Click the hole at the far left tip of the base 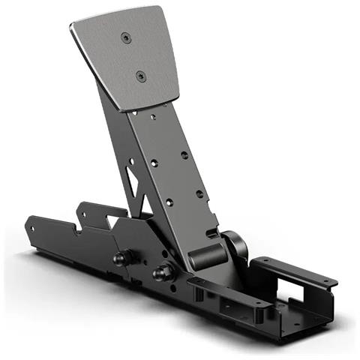(x=33, y=223)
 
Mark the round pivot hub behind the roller (x=234, y=247)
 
